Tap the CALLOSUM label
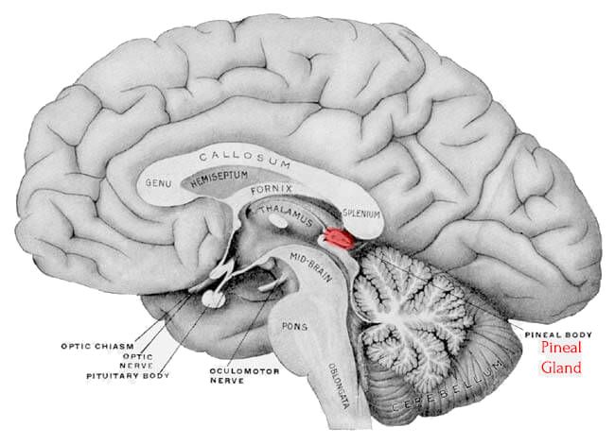[x=245, y=159]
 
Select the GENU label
[x=158, y=183]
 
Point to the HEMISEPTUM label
[x=220, y=179]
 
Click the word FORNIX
[x=272, y=190]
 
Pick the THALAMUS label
[x=287, y=215]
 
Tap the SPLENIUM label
[x=361, y=214]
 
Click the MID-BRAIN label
[x=311, y=267]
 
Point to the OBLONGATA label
[x=339, y=385]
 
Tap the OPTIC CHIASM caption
[x=97, y=347]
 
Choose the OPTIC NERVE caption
[x=136, y=361]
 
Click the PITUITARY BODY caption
[x=128, y=376]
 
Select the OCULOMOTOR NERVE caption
[x=244, y=375]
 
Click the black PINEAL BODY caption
[x=558, y=334]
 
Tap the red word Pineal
[x=561, y=348]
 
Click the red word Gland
[x=561, y=368]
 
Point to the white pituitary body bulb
[x=214, y=300]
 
